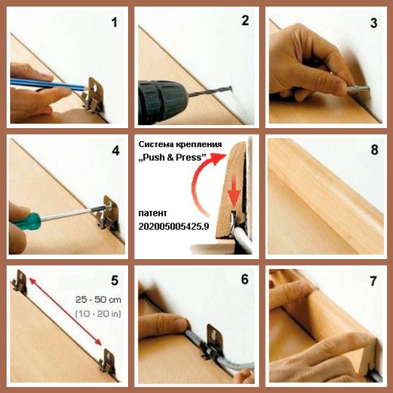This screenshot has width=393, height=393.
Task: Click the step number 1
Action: point(114,23)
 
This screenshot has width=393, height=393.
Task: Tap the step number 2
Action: point(245,20)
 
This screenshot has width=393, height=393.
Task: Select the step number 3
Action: point(373,23)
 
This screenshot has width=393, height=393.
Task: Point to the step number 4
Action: point(116,151)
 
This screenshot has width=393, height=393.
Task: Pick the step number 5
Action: point(114,280)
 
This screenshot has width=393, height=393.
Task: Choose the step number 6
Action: point(245,279)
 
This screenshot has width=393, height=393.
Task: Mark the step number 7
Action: point(373,281)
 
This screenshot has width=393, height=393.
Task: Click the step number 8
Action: point(375,150)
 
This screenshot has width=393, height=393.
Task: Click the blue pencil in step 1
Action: point(47,84)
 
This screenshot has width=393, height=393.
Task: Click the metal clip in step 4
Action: point(108,213)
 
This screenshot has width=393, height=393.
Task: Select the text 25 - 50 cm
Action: point(98,300)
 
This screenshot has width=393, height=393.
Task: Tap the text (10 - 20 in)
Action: point(98,314)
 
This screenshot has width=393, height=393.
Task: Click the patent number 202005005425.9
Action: point(174,226)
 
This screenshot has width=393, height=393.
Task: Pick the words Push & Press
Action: point(172,158)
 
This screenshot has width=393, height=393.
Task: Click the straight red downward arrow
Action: point(234,193)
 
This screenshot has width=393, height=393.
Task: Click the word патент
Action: point(152,213)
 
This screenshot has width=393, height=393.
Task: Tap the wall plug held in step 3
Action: point(358,89)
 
